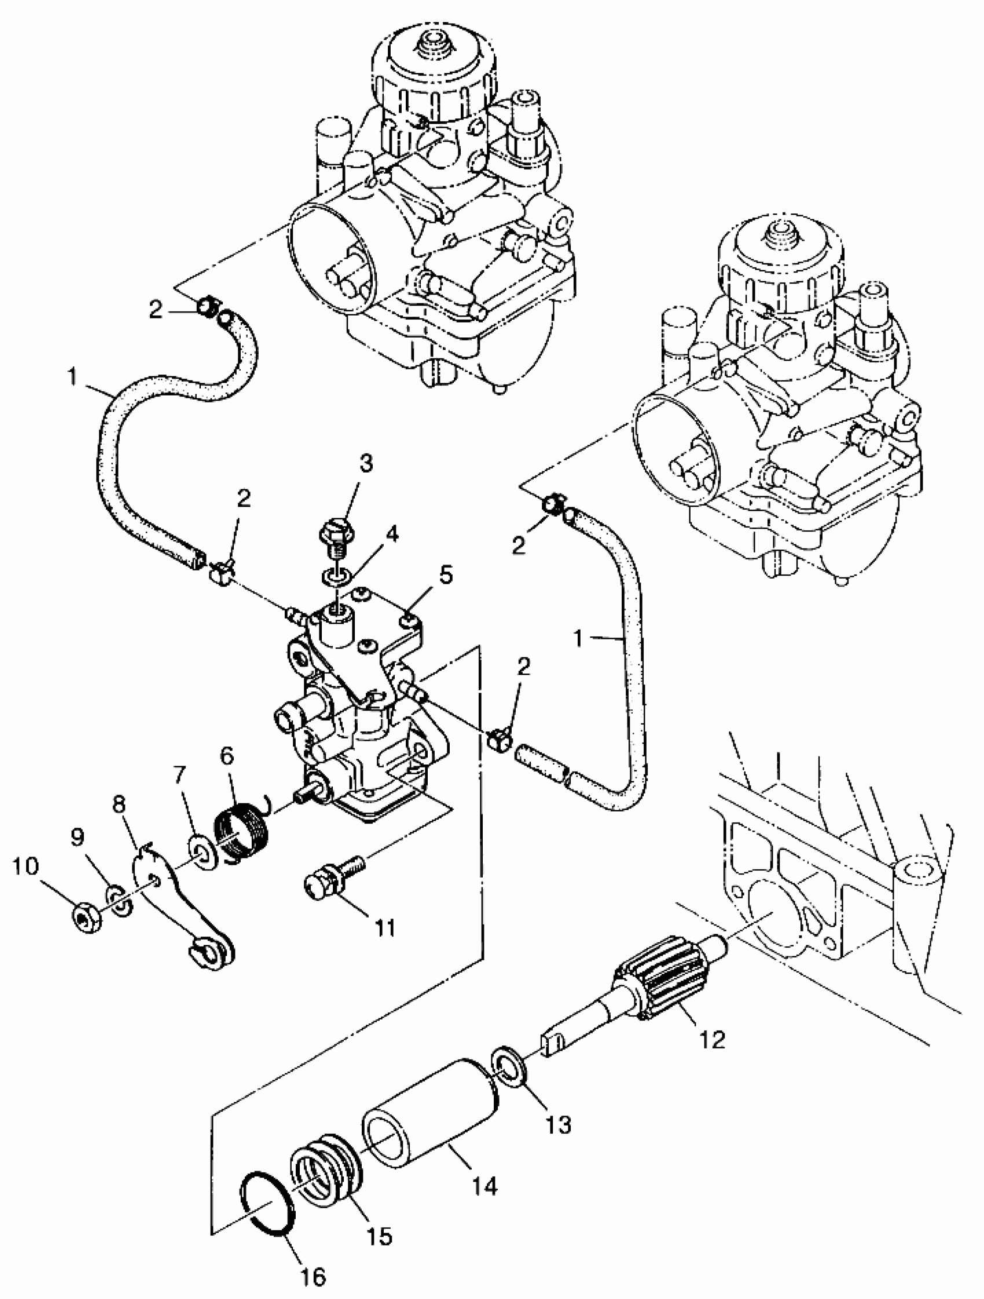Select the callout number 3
click(x=366, y=464)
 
